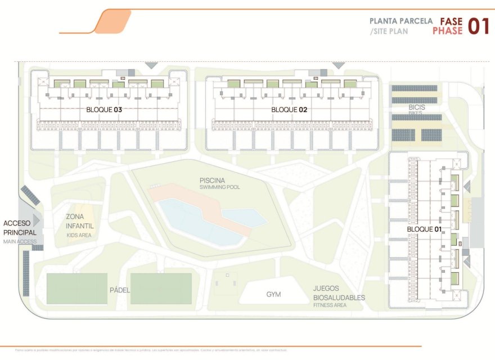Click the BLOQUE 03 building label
104,110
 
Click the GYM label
273,294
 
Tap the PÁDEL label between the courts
119,290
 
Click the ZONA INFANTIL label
79,221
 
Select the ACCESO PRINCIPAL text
20,228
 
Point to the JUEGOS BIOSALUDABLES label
339,293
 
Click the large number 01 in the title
478,26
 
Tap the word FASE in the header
451,21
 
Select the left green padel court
76,289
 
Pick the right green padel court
161,289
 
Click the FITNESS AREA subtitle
330,305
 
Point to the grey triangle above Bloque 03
151,66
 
